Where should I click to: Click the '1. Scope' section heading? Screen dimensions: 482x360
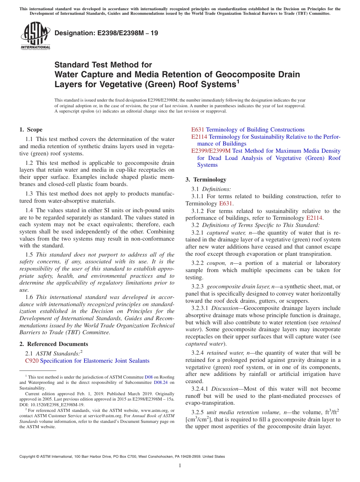(x=31, y=130)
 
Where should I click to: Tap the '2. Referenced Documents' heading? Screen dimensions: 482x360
(x=54, y=344)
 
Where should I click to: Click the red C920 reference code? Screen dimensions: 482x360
(x=31, y=361)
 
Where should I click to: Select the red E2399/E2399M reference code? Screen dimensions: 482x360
(x=211, y=151)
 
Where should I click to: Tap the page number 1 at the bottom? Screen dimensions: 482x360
(x=180, y=466)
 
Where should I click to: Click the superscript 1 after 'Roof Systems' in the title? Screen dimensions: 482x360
(x=238, y=81)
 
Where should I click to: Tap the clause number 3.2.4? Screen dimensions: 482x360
(x=199, y=353)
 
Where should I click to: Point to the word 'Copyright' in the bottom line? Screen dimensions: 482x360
(x=29, y=457)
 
